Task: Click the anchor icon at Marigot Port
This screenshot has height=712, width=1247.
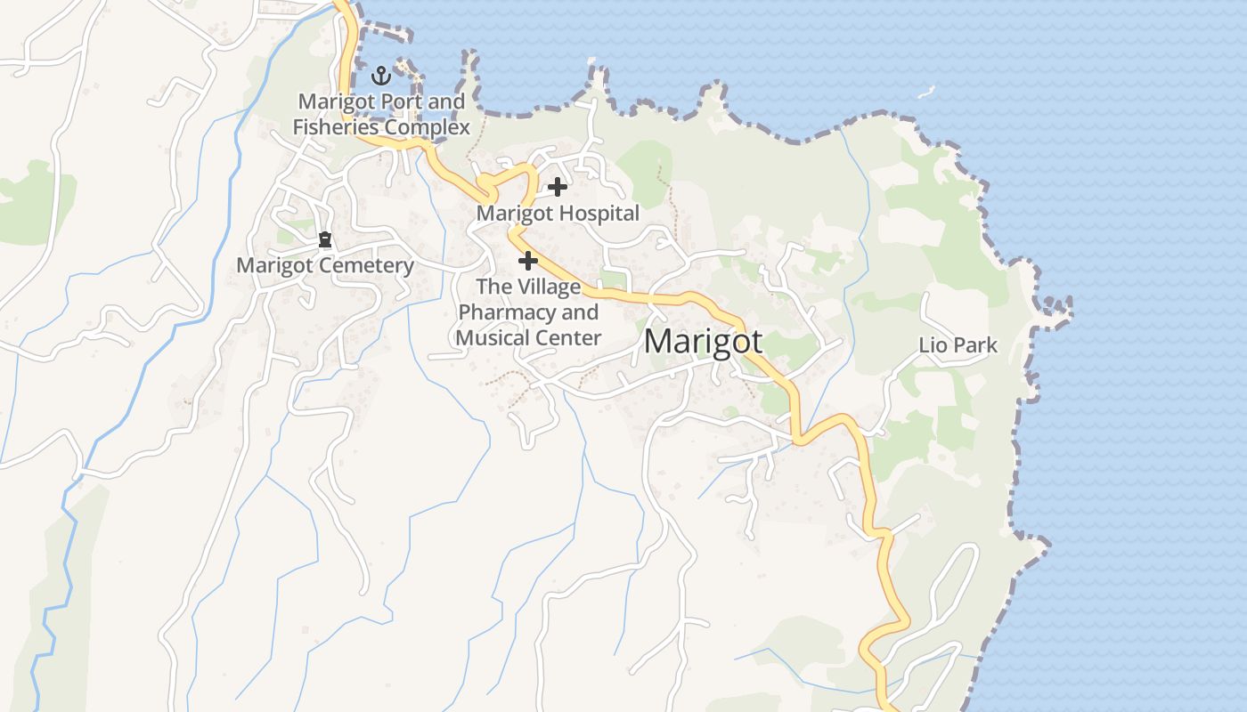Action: pos(381,75)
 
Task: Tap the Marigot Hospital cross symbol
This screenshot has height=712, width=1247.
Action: pos(558,187)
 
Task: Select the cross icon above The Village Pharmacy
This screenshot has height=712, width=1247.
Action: pos(528,261)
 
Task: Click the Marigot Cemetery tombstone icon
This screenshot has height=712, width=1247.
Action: pos(325,239)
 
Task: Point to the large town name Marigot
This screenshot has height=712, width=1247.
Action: pos(703,341)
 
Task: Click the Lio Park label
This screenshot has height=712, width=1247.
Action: pos(958,345)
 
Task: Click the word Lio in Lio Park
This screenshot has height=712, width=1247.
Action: pos(933,345)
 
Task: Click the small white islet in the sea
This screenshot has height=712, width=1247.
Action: pos(926,91)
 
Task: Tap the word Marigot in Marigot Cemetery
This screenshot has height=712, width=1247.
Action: pos(275,265)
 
